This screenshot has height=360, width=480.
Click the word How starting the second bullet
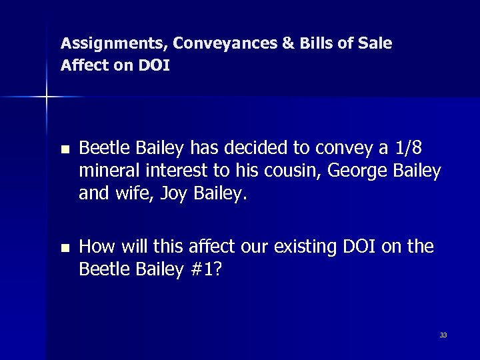pos(94,247)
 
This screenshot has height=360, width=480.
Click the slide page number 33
pos(443,335)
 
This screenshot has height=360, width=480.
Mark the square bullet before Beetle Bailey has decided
pos(64,149)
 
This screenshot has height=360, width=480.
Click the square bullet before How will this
pos(64,248)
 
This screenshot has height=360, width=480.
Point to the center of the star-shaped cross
pos(47,97)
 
